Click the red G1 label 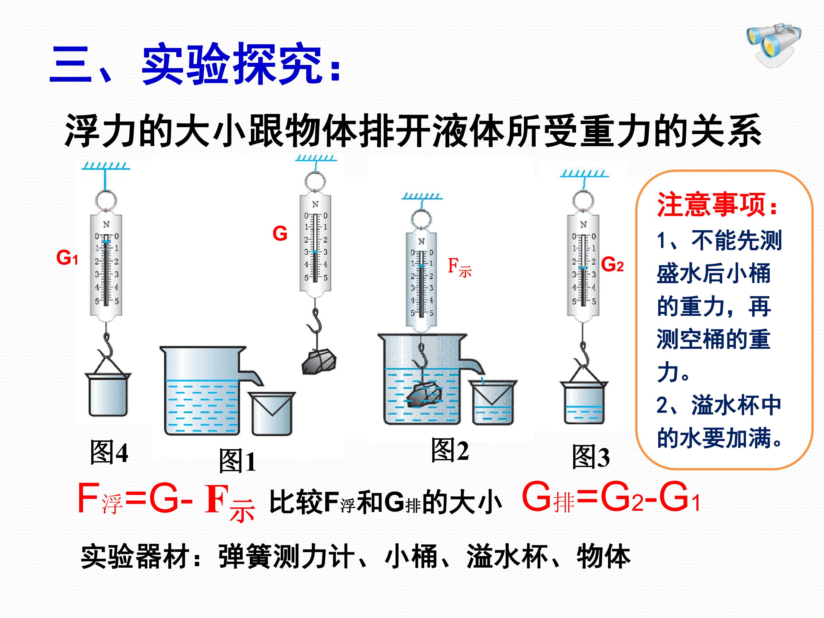click(67, 257)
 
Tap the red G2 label click(612, 265)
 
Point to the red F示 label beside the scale click(459, 268)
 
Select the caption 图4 click(109, 452)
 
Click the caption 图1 click(237, 461)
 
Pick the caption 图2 click(450, 450)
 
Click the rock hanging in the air click(319, 361)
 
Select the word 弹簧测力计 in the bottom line click(287, 557)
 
